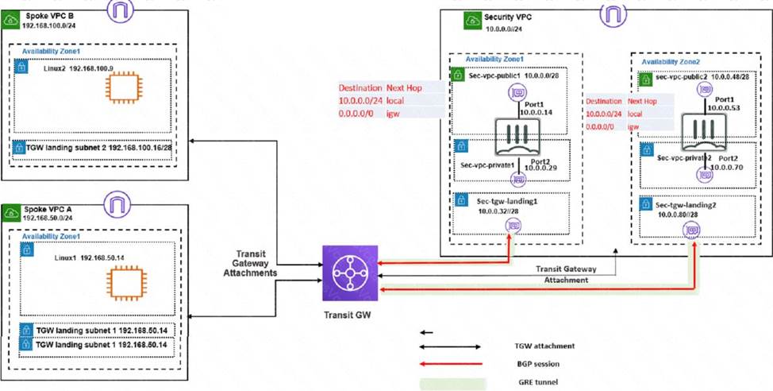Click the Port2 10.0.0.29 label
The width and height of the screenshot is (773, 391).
tap(539, 162)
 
